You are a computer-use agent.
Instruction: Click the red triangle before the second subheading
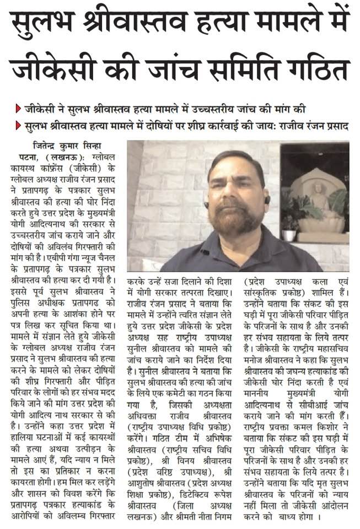pos(18,126)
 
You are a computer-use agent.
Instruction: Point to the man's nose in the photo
pos(235,190)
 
